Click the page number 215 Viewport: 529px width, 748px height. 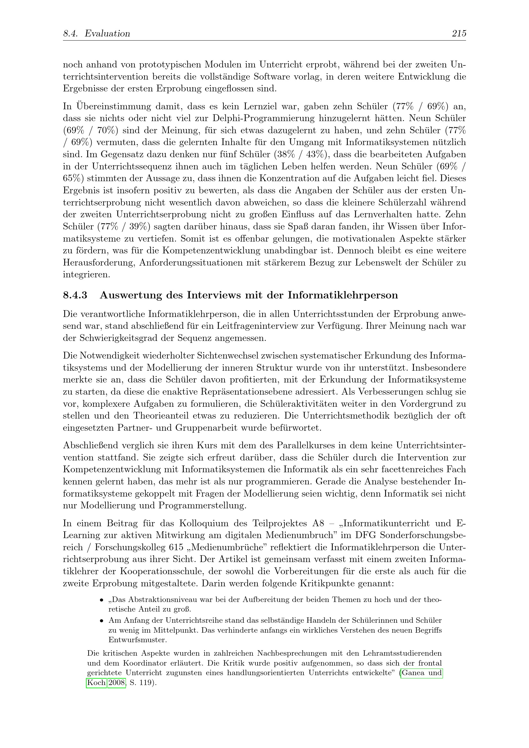[459, 33]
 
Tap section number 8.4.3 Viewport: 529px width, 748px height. [75, 295]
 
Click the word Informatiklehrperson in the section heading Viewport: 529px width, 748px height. [343, 295]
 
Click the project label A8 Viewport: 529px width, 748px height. [318, 523]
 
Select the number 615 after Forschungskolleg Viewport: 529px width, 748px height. [176, 548]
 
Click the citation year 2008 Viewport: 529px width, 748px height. [117, 682]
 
